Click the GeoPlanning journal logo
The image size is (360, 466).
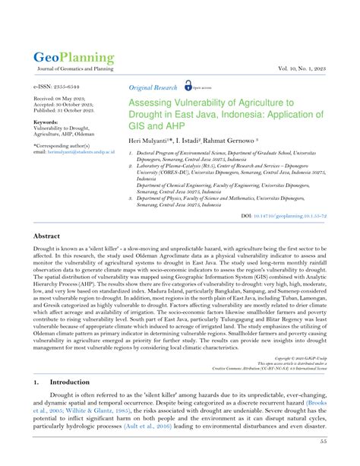click(x=73, y=57)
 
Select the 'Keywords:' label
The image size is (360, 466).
click(x=46, y=122)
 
